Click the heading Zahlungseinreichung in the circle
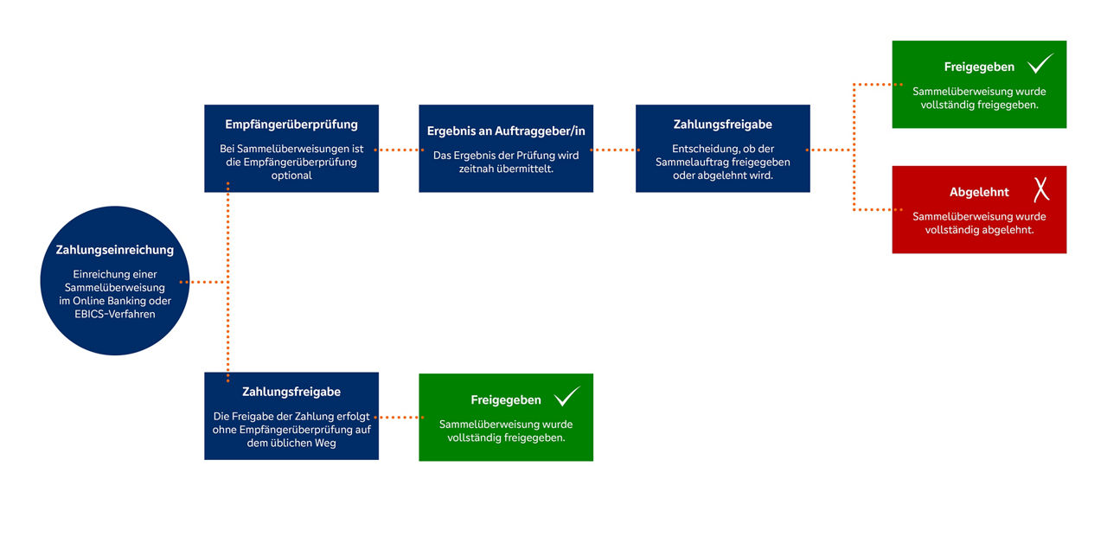(115, 250)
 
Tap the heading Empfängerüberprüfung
(291, 124)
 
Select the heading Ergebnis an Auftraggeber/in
(506, 131)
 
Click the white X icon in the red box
(1041, 189)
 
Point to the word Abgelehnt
(979, 192)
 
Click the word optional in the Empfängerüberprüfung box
(291, 176)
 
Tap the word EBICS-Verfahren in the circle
(115, 315)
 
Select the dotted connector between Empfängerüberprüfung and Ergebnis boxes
(399, 150)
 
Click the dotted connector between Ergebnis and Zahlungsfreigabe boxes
(615, 150)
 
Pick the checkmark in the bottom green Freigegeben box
(566, 397)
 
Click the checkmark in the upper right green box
(1040, 64)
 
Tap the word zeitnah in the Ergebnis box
(477, 169)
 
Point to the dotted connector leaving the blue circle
(203, 282)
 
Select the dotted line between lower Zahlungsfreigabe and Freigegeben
(399, 418)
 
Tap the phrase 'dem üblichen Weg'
(291, 444)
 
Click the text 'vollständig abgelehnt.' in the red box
(979, 230)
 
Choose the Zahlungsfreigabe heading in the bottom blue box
(291, 392)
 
